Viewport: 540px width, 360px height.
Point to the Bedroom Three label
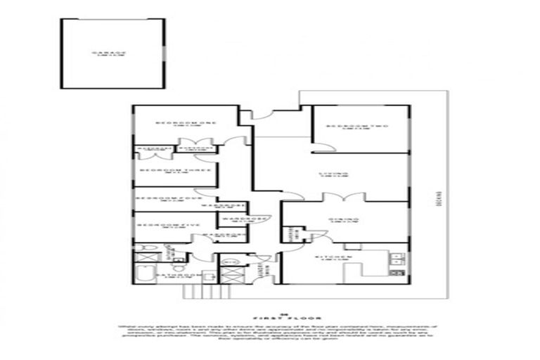(167, 170)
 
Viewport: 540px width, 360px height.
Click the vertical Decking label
(437, 198)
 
